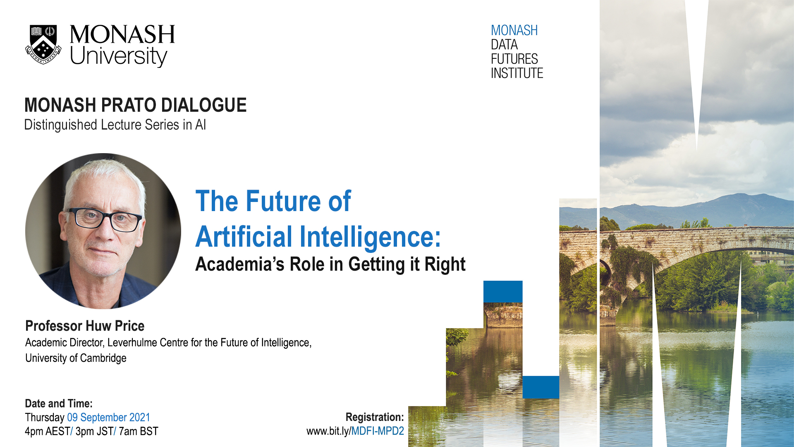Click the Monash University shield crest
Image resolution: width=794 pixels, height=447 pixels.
43,45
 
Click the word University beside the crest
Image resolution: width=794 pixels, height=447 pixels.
119,57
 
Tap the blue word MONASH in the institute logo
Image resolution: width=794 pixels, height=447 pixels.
514,30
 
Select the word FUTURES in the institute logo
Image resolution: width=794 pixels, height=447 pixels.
514,59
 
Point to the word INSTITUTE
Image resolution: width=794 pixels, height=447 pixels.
517,73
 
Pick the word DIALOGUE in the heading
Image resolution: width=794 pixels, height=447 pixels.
204,105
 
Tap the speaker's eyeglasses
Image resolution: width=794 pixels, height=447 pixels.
105,219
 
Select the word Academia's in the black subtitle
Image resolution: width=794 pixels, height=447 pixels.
240,264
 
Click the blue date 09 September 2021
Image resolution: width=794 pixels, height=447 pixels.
108,418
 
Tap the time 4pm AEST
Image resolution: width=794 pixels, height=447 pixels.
48,432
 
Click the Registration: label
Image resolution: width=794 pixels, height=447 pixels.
375,417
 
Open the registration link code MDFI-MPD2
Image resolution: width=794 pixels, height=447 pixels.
378,431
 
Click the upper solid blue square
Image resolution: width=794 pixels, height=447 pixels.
503,292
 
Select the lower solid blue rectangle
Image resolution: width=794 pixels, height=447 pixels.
541,387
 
